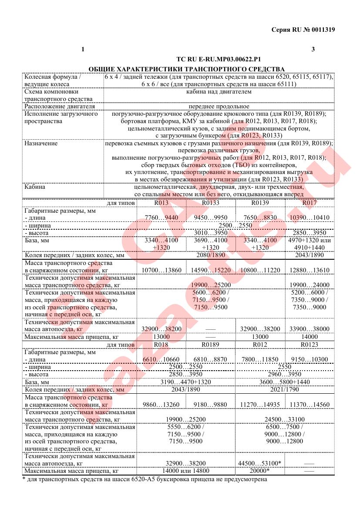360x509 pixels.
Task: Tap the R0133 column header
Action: [x=210, y=203]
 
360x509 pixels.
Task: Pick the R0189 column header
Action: [x=210, y=344]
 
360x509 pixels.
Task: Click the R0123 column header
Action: [x=309, y=344]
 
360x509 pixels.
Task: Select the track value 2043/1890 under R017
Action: [x=309, y=255]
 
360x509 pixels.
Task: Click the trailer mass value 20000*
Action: [x=260, y=471]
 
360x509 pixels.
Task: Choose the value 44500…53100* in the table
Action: [x=260, y=463]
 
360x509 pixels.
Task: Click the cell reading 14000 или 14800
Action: [x=186, y=471]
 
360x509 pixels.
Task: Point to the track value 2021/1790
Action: [x=285, y=389]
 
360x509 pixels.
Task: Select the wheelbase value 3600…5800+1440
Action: [x=285, y=382]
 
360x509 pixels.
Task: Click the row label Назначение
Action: [x=41, y=143]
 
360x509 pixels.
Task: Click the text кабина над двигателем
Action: [x=219, y=92]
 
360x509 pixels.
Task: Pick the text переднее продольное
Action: [x=219, y=106]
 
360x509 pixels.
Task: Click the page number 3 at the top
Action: [x=313, y=49]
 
